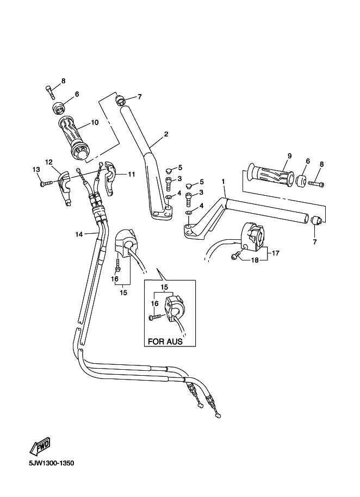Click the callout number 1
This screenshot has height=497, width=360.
coord(222,181)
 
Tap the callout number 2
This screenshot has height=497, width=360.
coord(166,134)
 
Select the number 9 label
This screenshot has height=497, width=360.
coord(289,156)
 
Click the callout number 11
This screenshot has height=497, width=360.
coord(131,174)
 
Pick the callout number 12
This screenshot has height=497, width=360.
coord(48,162)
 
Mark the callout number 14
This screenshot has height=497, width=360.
coord(79,234)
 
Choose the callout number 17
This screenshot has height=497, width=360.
coord(276,252)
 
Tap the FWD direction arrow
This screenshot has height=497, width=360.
coord(40,446)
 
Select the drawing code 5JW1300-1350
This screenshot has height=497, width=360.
coord(48,464)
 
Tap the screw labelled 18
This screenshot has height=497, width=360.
coord(237,256)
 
